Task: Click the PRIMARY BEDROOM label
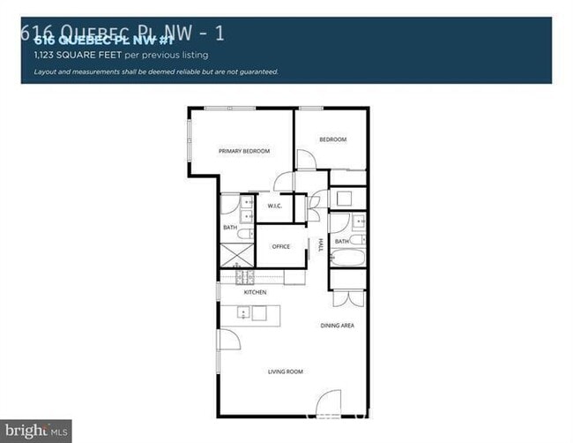coord(244,151)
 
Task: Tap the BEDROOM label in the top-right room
coord(332,139)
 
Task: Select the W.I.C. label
coord(274,206)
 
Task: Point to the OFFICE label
coord(281,246)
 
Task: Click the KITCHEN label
coord(255,292)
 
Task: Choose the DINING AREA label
coord(338,326)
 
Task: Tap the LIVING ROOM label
coord(285,372)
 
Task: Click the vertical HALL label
coord(321,244)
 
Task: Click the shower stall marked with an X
coord(237,255)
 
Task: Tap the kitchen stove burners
coord(246,277)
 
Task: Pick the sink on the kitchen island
coord(242,312)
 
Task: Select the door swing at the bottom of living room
coord(328,403)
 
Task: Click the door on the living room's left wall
coord(227,339)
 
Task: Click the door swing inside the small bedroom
coord(306,161)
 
